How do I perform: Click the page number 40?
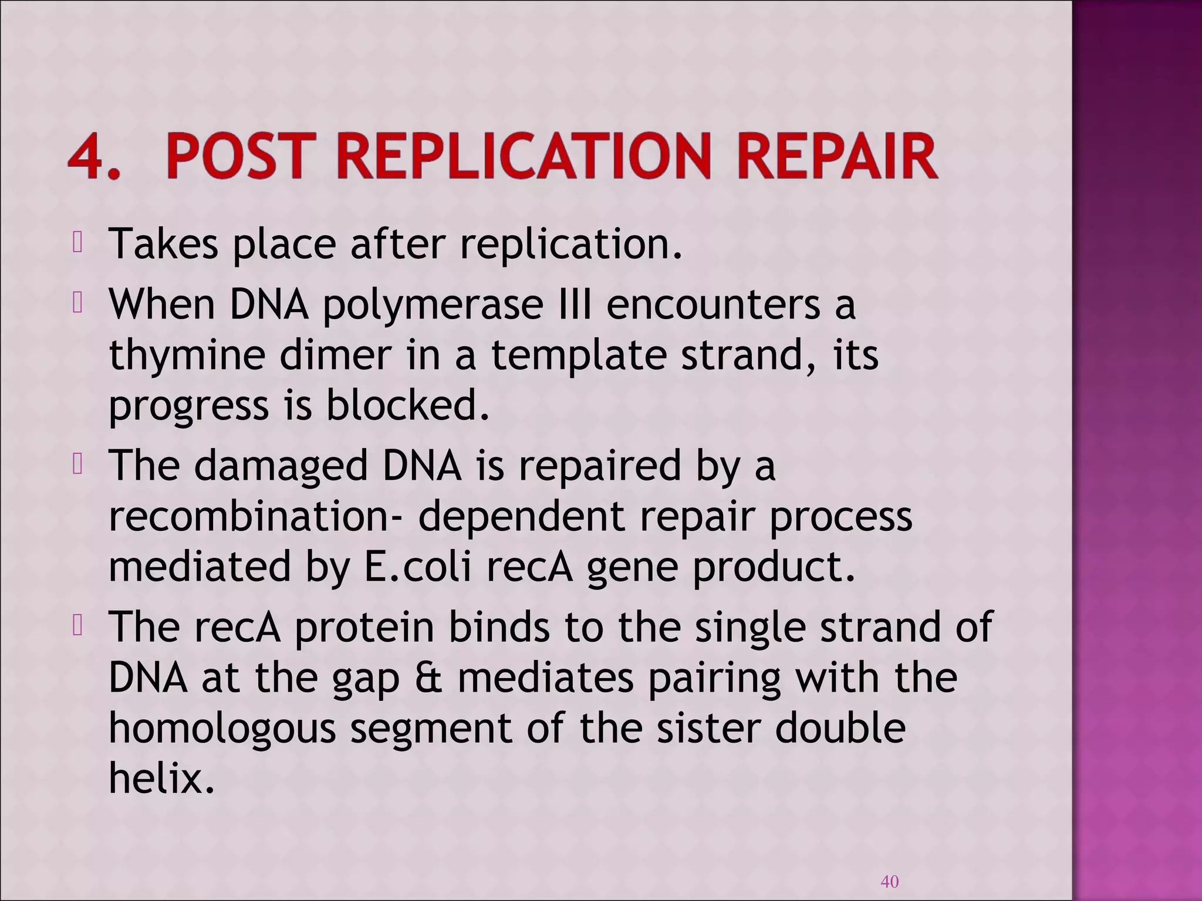pyautogui.click(x=890, y=881)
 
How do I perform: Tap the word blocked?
pyautogui.click(x=407, y=406)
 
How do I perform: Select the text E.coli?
pyautogui.click(x=417, y=567)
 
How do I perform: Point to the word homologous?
pyautogui.click(x=222, y=729)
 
